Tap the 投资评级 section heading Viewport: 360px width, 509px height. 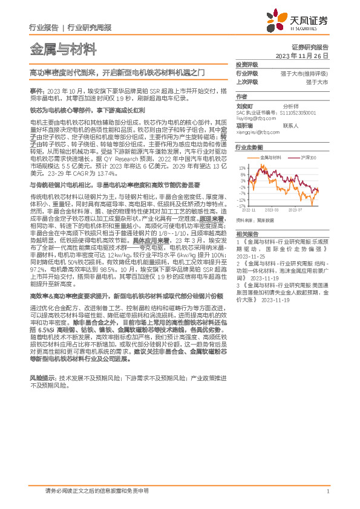point(247,65)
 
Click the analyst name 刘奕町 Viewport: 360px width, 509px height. point(244,104)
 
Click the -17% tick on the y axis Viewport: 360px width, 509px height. point(242,206)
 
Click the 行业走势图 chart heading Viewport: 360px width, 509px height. point(249,147)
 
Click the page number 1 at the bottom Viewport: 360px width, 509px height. point(327,491)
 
